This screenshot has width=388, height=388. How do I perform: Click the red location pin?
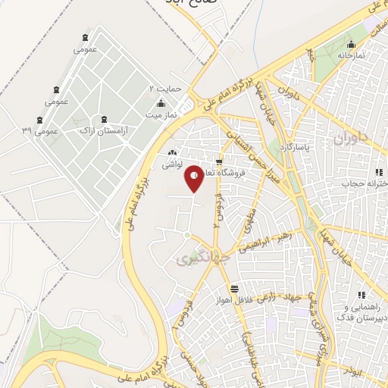point(195,178)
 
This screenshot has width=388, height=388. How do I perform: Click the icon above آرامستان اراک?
point(104,120)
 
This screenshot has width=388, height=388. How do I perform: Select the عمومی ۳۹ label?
point(39,130)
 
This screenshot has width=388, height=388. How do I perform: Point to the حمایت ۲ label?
point(165,88)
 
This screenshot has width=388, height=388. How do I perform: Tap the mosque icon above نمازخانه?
point(350,43)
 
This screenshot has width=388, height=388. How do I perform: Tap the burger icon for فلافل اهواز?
point(234,288)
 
